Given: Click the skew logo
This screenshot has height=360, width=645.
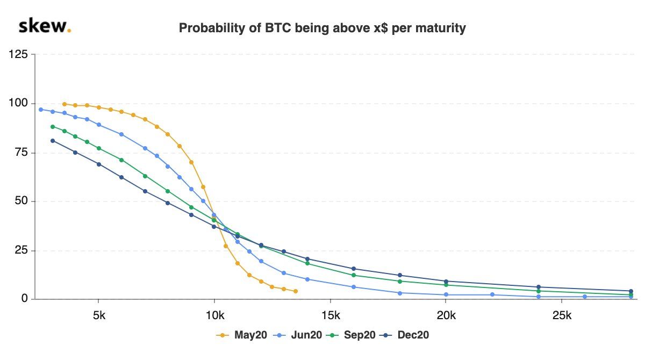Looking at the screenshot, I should [45, 26].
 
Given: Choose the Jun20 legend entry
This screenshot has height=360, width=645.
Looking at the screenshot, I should [298, 335].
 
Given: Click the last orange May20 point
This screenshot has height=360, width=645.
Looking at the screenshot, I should [296, 291].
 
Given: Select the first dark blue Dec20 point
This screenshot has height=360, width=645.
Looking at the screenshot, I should [53, 141].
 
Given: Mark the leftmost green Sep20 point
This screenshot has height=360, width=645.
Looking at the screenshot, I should [53, 127].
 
